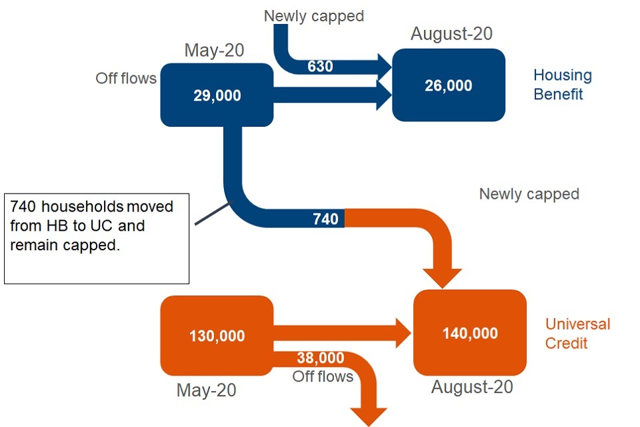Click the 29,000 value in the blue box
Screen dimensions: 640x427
tap(217, 95)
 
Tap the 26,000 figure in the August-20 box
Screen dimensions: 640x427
tap(448, 85)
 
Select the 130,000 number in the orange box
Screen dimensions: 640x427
tap(217, 336)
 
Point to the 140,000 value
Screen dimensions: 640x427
tap(470, 334)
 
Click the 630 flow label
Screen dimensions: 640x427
tap(320, 66)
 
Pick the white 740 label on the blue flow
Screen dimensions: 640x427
tap(325, 219)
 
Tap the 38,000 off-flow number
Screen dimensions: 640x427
tap(321, 358)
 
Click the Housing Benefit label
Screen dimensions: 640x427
tap(563, 85)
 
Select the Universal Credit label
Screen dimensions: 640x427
tap(577, 334)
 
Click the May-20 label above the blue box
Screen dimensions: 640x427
tap(214, 51)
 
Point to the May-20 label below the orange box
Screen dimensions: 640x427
tap(206, 390)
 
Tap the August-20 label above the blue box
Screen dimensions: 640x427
tap(451, 33)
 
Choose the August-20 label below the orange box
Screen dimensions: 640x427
tap(472, 387)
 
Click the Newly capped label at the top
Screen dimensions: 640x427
tap(314, 16)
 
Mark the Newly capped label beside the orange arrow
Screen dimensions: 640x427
tap(529, 194)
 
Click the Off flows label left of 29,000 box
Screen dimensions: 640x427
tap(126, 78)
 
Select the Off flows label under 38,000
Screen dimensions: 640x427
tap(323, 376)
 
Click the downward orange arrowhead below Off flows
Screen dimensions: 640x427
tap(369, 417)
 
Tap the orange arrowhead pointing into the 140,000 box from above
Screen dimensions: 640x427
tap(442, 278)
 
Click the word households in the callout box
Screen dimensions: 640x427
tap(83, 206)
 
